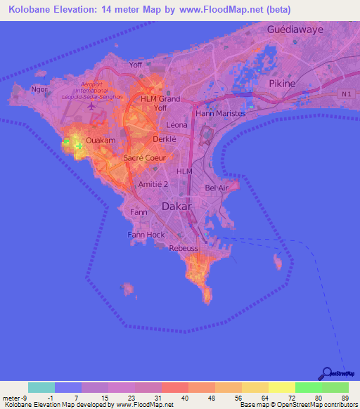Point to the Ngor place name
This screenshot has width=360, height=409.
tap(39, 90)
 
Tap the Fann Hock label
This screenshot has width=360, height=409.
tap(146, 234)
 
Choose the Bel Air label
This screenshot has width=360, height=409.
tap(216, 188)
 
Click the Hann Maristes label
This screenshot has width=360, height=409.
tap(221, 113)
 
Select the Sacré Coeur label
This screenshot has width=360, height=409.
tap(144, 158)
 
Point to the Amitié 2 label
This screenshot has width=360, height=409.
tap(153, 183)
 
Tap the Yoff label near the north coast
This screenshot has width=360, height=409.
tap(136, 66)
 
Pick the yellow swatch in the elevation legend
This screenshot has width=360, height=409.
tap(282, 387)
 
